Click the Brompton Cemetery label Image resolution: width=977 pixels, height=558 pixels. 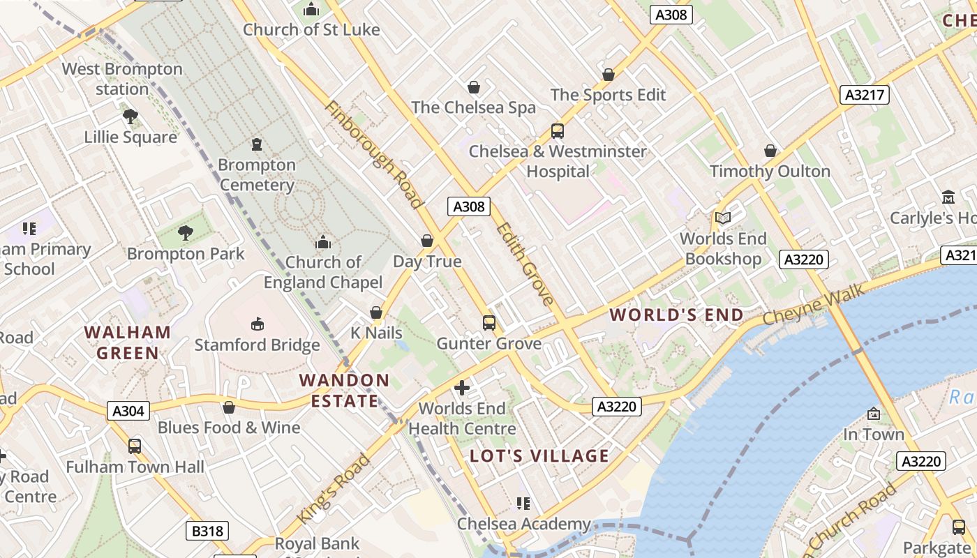click(x=257, y=175)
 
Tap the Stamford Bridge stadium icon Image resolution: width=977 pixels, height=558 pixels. click(x=257, y=324)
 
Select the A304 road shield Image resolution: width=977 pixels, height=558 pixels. click(x=129, y=411)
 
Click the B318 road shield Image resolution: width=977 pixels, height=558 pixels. click(x=208, y=531)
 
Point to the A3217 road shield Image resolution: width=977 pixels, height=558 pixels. click(x=864, y=95)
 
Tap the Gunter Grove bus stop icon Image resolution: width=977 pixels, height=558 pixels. click(x=489, y=323)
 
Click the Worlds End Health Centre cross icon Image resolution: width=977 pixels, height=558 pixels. click(x=462, y=388)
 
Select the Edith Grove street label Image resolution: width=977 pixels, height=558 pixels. click(x=525, y=264)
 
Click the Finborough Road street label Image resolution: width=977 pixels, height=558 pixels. click(x=374, y=155)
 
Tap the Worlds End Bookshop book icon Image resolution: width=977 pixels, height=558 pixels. click(x=723, y=218)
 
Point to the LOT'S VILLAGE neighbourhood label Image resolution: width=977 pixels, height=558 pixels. click(x=539, y=456)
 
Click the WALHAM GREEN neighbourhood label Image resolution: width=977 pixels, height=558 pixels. click(x=128, y=342)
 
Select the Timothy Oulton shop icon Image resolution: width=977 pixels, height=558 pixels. click(x=770, y=151)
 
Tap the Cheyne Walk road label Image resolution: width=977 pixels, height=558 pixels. click(x=813, y=304)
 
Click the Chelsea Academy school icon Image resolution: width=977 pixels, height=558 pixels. click(x=523, y=504)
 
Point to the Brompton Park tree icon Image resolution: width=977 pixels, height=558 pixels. click(x=186, y=233)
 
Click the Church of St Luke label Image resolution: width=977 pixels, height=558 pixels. click(x=311, y=30)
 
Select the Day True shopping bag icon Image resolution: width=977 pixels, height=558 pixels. click(x=427, y=241)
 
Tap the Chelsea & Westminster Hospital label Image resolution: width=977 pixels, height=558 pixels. click(x=558, y=161)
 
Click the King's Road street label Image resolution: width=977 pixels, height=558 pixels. click(x=334, y=489)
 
